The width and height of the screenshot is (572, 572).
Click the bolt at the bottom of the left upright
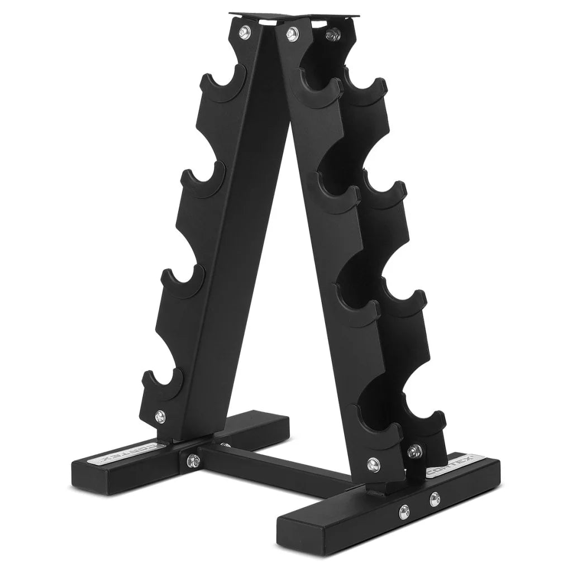point(160,415)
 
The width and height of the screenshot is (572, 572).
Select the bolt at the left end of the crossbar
point(193,460)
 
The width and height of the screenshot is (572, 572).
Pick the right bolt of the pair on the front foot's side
point(434,498)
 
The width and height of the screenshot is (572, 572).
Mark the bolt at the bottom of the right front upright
point(373,463)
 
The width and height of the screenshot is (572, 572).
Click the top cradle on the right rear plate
point(366,89)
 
